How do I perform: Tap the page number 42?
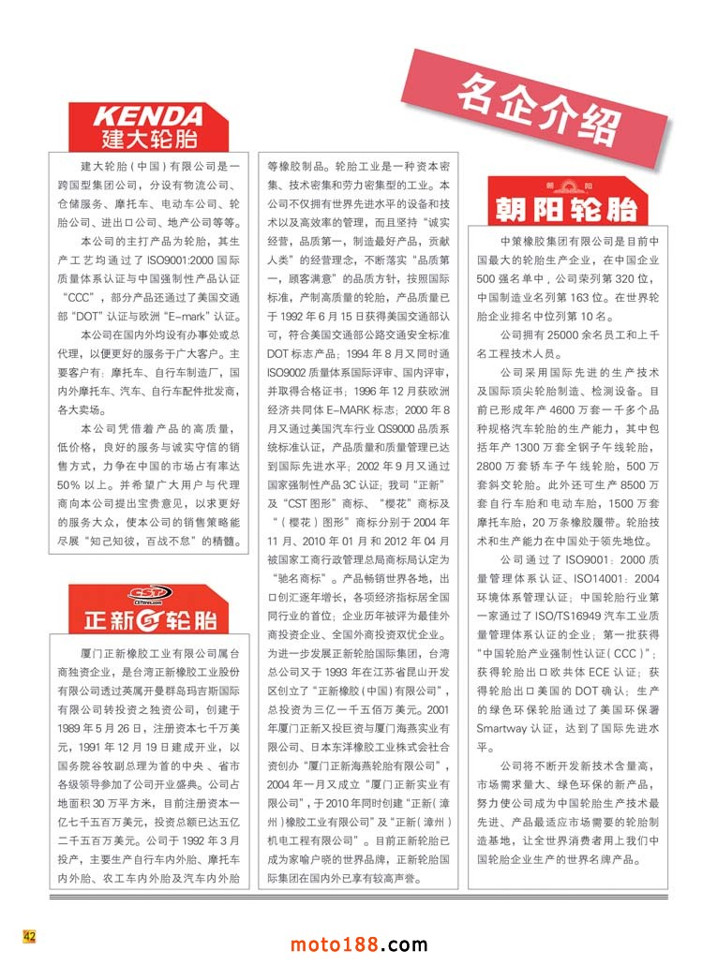click(x=29, y=935)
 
